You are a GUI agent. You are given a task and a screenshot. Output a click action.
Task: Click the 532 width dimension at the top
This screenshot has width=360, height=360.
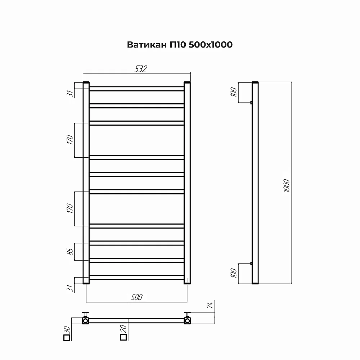coord(141,69)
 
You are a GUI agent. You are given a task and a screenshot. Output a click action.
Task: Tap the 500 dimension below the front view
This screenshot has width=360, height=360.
coord(137,297)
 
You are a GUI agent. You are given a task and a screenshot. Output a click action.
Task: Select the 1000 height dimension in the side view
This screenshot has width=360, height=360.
coord(287,185)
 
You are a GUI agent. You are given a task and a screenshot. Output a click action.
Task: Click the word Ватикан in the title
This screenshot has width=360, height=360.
coord(147,45)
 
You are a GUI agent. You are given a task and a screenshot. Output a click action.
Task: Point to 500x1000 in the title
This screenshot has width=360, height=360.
coord(211,45)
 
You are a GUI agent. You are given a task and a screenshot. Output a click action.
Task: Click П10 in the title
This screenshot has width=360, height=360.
coord(178,45)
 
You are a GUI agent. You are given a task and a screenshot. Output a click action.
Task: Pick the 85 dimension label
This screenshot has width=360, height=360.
coord(70,252)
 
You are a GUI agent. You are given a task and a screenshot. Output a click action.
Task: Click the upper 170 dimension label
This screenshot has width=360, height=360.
coord(70,140)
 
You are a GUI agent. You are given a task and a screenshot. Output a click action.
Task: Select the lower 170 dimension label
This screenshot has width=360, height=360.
coord(70,208)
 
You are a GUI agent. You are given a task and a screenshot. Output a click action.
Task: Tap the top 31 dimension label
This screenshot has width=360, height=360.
coord(70,94)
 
